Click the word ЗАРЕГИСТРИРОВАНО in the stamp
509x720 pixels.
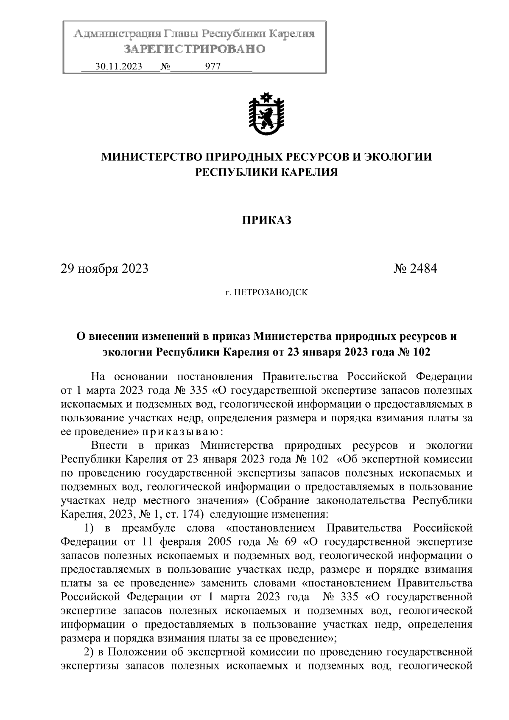[195, 49]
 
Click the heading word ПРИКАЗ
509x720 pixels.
[266, 220]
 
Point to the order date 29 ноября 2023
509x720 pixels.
[105, 269]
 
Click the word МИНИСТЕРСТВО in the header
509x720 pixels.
[151, 157]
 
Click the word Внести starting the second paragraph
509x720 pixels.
[109, 445]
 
